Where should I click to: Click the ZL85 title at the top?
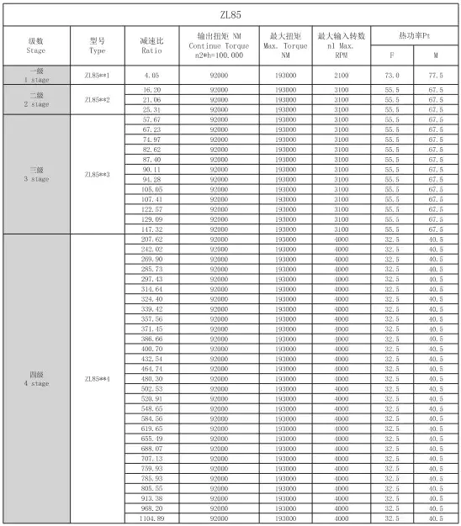click(x=230, y=13)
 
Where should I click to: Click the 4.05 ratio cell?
click(x=152, y=75)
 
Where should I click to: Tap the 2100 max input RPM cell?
click(x=342, y=75)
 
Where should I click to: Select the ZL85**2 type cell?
click(x=97, y=99)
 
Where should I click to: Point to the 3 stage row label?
click(x=36, y=175)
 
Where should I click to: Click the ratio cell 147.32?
click(x=152, y=229)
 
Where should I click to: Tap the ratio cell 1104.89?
click(x=152, y=520)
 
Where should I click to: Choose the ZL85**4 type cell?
click(x=97, y=379)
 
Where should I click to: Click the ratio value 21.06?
click(x=152, y=99)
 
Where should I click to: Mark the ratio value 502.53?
click(x=152, y=389)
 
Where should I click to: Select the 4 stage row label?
click(x=36, y=379)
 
